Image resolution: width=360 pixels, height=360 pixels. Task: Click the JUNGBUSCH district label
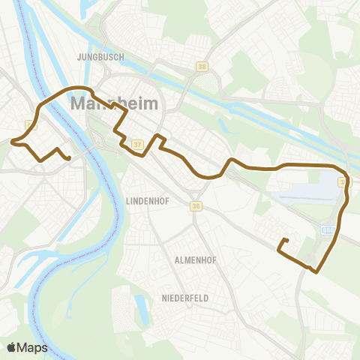click(x=98, y=56)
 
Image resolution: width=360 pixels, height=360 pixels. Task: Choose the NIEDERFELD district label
click(x=184, y=298)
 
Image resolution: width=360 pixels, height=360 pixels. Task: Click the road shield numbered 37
click(x=136, y=144)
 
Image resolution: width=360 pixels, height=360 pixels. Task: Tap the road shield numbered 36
click(x=196, y=206)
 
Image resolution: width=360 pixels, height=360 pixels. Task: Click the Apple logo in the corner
click(x=11, y=347)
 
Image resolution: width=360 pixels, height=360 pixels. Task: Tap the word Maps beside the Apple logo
click(x=33, y=347)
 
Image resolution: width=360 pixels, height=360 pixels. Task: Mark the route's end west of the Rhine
click(x=68, y=158)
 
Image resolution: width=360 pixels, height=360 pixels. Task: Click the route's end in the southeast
click(x=286, y=240)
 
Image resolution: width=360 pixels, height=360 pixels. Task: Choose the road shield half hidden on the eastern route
click(x=343, y=181)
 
